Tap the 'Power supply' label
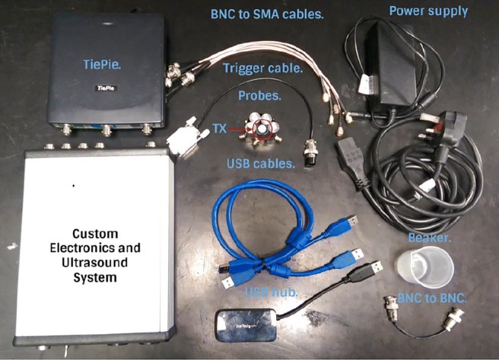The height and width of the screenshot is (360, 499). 429,11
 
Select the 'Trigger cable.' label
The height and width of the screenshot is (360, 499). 262,68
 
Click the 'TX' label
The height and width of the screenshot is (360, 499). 220,129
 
